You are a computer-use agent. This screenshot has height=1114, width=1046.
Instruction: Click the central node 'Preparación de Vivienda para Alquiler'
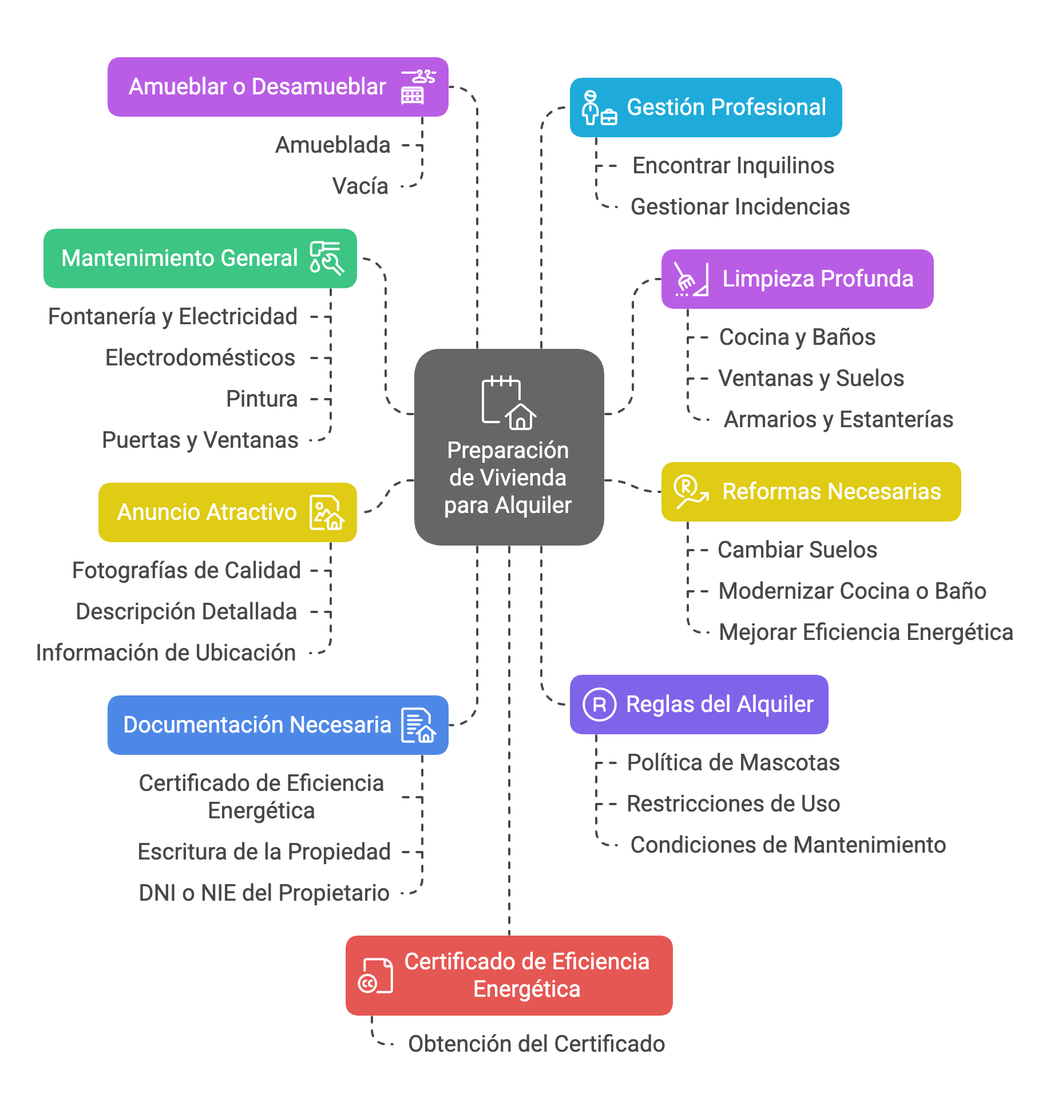509,447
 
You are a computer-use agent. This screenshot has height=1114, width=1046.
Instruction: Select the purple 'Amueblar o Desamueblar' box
278,87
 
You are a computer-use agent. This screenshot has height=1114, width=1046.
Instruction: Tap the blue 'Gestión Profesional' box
706,108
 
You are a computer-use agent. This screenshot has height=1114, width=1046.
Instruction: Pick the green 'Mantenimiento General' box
200,258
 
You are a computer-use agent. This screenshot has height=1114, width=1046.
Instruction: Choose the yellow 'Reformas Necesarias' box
811,492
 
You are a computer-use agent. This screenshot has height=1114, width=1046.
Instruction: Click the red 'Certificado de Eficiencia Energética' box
509,976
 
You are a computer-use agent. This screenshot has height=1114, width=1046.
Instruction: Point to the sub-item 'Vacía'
360,186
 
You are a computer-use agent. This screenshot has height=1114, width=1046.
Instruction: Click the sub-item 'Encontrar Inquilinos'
733,166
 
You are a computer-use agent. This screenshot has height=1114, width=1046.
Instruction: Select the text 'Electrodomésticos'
200,358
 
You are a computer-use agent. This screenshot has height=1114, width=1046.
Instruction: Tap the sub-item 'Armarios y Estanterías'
838,420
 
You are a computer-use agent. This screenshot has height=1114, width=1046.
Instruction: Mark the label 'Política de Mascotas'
733,763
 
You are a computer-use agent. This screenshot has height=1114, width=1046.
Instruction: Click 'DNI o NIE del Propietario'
264,893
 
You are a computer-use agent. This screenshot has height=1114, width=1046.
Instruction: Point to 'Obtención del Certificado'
536,1044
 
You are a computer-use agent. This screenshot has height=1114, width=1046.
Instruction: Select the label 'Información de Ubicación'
166,653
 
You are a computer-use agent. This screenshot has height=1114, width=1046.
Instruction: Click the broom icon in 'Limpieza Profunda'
691,279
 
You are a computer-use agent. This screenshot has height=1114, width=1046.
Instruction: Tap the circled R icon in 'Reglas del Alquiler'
599,705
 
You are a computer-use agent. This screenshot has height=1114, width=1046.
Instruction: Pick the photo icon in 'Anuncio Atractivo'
327,512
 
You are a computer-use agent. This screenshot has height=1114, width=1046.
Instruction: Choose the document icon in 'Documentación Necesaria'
418,725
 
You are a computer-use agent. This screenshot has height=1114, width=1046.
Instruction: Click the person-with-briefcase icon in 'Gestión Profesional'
599,108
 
